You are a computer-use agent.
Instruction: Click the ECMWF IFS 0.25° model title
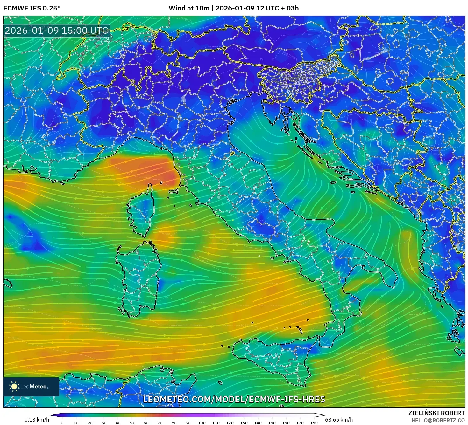32,8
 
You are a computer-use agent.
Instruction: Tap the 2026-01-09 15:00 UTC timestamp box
57,31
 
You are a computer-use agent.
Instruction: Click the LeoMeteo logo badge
31,387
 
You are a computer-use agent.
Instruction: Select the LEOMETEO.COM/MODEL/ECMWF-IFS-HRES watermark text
234,399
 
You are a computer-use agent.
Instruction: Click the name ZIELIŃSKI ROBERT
436,413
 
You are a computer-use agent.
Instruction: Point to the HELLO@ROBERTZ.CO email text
438,420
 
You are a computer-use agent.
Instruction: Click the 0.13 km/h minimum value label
37,420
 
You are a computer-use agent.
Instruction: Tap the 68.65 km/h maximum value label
339,420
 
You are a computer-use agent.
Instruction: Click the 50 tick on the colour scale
132,423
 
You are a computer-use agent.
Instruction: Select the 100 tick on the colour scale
202,423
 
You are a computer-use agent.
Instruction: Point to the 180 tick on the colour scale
314,423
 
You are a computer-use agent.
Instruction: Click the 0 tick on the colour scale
62,423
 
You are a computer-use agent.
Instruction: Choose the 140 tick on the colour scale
258,423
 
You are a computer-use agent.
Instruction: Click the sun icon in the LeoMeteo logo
14,387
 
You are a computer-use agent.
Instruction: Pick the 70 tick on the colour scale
160,423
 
